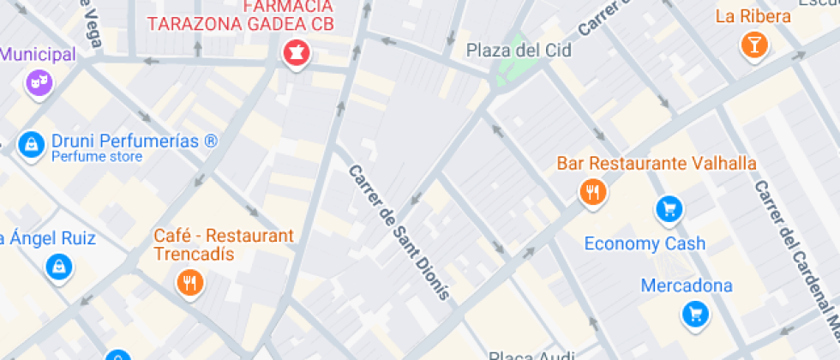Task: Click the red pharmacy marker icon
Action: pos(296,53)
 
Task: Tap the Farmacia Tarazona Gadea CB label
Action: pos(240,17)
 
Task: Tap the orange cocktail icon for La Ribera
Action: pos(753,45)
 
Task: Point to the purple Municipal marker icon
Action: pos(38,82)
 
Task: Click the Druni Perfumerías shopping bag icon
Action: pos(31,143)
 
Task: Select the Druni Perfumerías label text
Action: pos(135,141)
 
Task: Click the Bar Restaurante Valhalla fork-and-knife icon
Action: pos(592,191)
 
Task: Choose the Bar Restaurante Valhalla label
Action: pos(657,163)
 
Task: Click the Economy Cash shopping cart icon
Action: pos(669,207)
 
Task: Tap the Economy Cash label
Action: pos(645,243)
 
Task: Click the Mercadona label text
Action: pos(687,285)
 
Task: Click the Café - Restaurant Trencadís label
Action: pos(223,244)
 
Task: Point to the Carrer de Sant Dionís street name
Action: pos(399,231)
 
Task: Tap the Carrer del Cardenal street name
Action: pos(793,249)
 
